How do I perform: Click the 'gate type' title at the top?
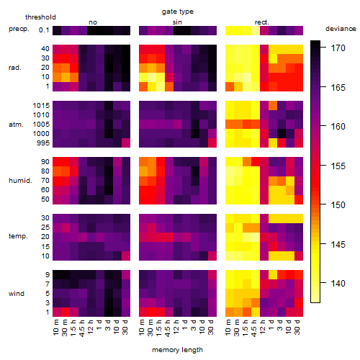[178, 12]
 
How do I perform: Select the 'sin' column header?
[177, 22]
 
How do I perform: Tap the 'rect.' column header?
[261, 22]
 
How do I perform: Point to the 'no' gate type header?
[93, 22]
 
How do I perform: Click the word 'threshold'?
[40, 17]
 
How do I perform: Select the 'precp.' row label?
[19, 29]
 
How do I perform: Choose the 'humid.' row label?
[20, 181]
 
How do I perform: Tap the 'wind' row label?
[17, 294]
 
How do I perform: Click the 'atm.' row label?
[16, 125]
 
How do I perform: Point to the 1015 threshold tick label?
[41, 106]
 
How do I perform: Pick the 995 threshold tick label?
[43, 143]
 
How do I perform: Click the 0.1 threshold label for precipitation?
[44, 30]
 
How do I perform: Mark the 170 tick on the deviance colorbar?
[338, 48]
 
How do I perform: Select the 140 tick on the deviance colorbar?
[338, 284]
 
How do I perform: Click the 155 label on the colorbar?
[338, 166]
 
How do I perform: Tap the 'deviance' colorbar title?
[341, 29]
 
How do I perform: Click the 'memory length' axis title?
[178, 350]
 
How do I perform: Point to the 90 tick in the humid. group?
[45, 162]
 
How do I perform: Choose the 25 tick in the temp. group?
[45, 228]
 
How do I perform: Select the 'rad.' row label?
[15, 68]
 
